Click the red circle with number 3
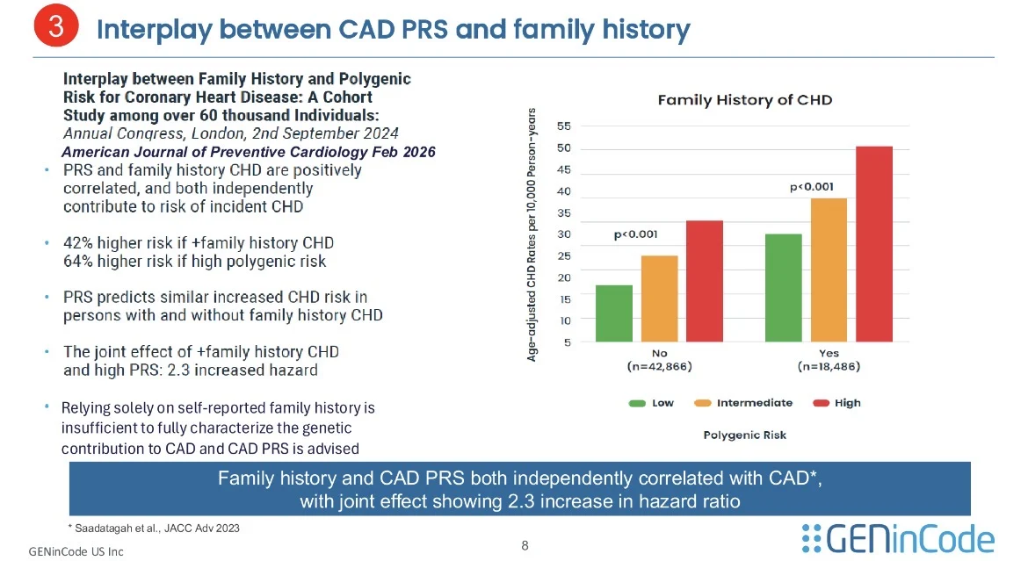55,27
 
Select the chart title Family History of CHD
744,100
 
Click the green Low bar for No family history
614,313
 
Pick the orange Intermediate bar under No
659,298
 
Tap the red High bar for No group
705,281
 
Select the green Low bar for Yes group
783,288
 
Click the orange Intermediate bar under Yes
829,270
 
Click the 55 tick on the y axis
564,126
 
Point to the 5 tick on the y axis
567,342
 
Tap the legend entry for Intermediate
744,403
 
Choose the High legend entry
837,403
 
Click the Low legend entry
651,403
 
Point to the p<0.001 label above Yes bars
812,187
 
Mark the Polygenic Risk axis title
745,435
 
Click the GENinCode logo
898,538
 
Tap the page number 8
525,546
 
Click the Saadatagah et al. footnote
154,528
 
